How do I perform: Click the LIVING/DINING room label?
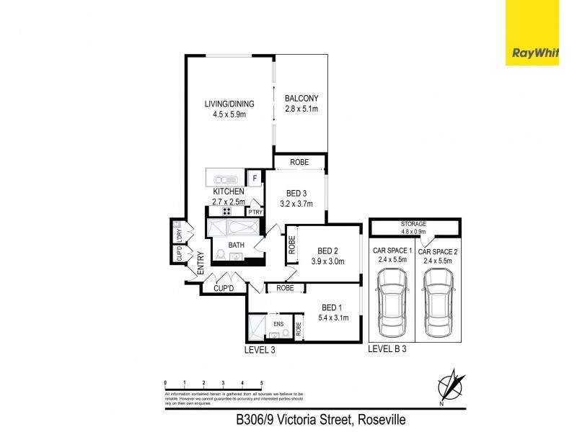(x=226, y=104)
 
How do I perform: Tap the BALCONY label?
(x=301, y=99)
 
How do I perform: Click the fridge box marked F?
(x=255, y=178)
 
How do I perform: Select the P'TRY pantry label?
(x=254, y=212)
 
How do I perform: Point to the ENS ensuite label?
(x=278, y=323)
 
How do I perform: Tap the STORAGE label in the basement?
(x=414, y=224)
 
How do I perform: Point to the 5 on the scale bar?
(x=261, y=383)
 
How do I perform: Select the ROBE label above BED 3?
(x=299, y=163)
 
